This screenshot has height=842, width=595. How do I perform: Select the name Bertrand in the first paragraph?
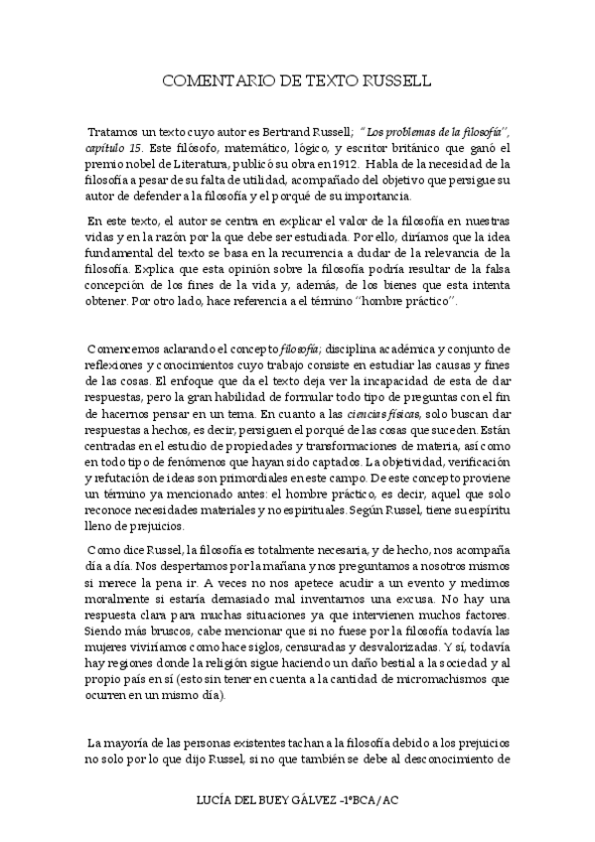(x=275, y=131)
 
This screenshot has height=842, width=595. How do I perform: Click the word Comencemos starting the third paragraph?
(x=125, y=349)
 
